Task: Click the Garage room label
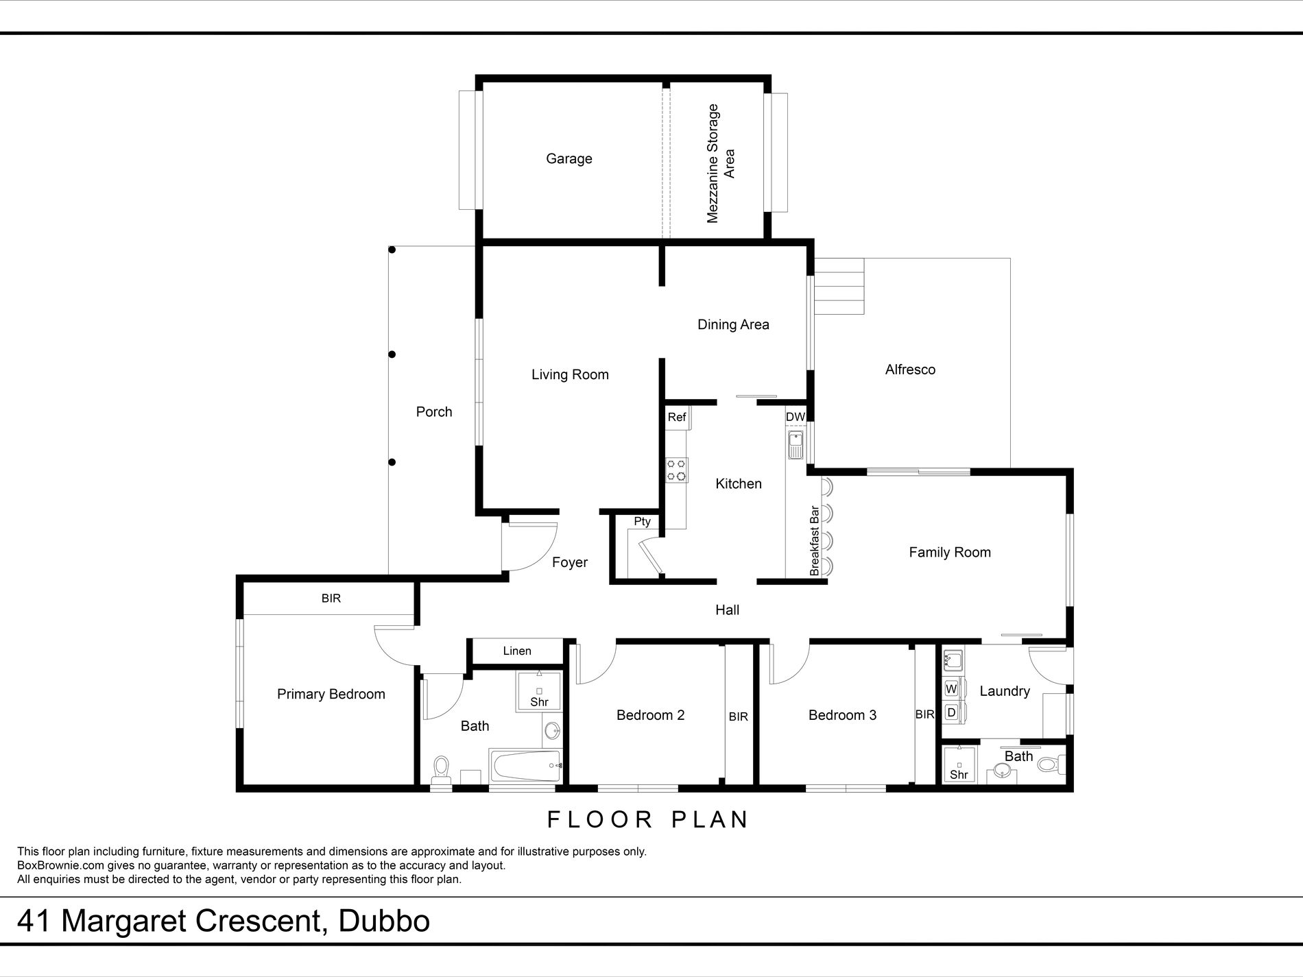click(x=569, y=159)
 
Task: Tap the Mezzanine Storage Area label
click(x=721, y=163)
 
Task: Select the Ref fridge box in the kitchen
click(x=677, y=417)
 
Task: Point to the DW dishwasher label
click(x=795, y=417)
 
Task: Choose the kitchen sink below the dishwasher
click(x=796, y=446)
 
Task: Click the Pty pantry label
click(x=642, y=522)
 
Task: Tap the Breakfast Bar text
click(x=815, y=541)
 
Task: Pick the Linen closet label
click(x=517, y=651)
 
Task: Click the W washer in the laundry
click(x=951, y=688)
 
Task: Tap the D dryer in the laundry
click(x=951, y=712)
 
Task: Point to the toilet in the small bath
click(x=1050, y=763)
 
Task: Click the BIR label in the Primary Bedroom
click(x=331, y=599)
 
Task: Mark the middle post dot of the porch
click(x=392, y=354)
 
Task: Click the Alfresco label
click(x=910, y=370)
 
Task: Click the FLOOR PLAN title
click(x=648, y=819)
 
